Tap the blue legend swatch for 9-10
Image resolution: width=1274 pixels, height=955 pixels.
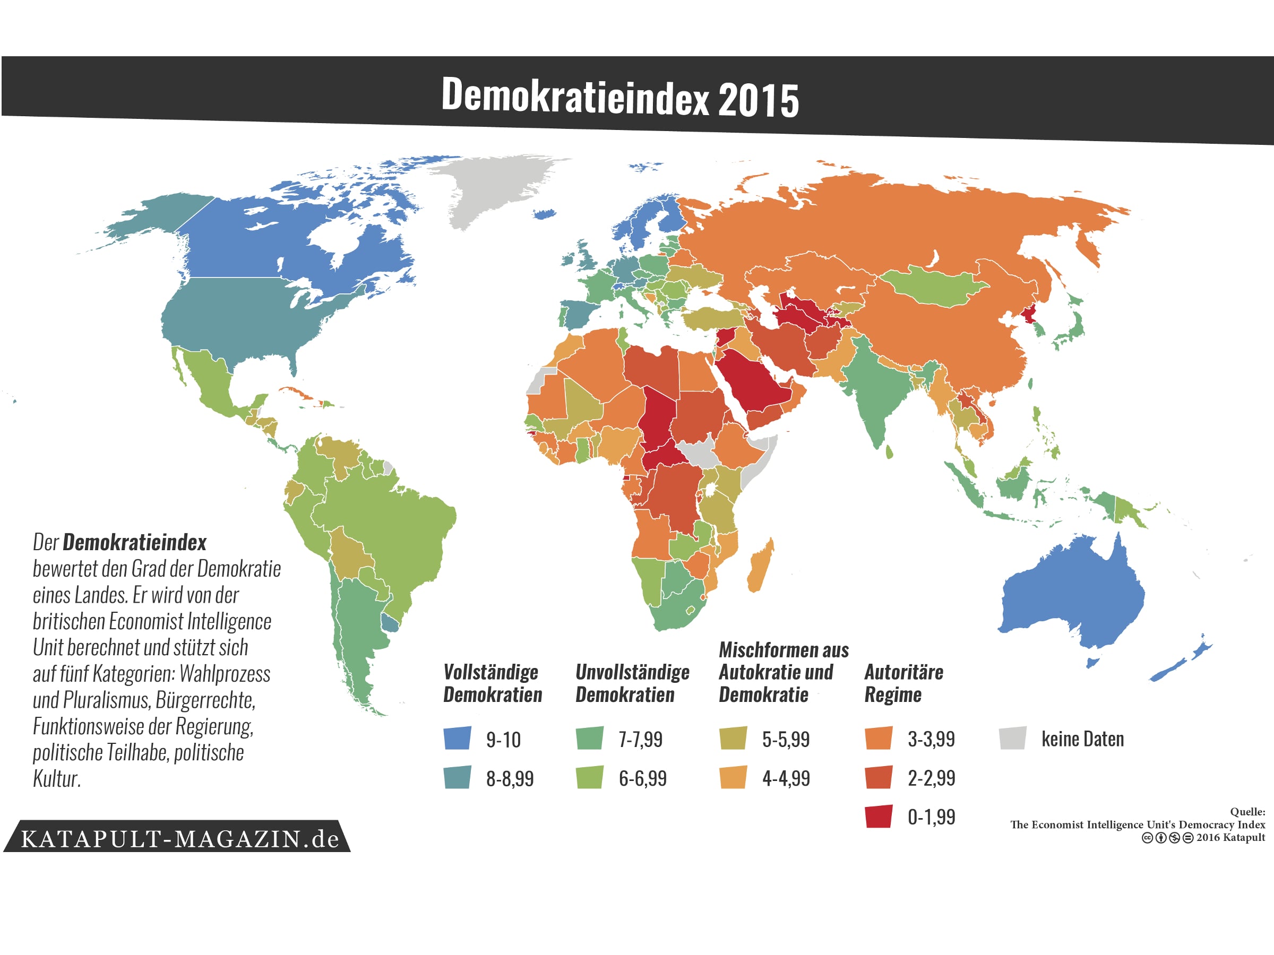pos(457,738)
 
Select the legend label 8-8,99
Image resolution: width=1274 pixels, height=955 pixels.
pos(509,778)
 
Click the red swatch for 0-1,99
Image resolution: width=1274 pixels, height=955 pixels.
pos(879,817)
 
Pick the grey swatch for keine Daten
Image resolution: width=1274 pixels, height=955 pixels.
pos(1012,738)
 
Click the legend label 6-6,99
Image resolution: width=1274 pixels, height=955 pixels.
pos(642,778)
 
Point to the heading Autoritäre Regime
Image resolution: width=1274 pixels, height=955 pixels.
pos(903,683)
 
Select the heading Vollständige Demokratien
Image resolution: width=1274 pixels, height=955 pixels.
pos(492,683)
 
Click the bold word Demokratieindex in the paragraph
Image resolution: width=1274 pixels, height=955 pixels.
pos(134,542)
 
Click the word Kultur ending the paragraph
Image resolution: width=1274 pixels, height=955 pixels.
pos(56,778)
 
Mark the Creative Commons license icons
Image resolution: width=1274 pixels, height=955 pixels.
pos(1167,838)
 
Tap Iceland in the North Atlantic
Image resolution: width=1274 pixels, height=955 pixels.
pos(544,214)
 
